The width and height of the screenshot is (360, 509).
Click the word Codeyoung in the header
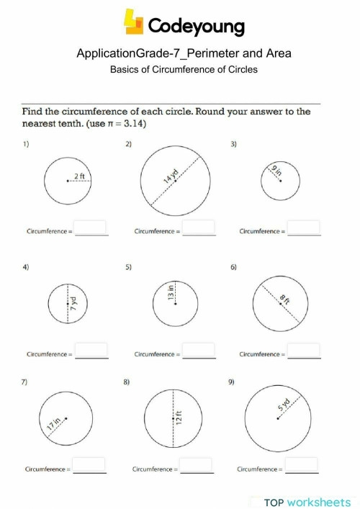pos(197,27)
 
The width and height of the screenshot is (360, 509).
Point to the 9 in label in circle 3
pos(277,171)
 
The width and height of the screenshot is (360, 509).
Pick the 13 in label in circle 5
pos(171,292)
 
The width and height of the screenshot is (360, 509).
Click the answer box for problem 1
pos(91,228)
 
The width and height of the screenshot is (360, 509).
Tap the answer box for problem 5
pos(199,351)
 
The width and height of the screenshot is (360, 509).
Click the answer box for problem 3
pos(304,228)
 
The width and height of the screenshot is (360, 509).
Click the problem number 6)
pos(234,268)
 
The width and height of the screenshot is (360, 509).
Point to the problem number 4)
pos(26,268)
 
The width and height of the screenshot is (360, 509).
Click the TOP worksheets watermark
pos(305,502)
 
